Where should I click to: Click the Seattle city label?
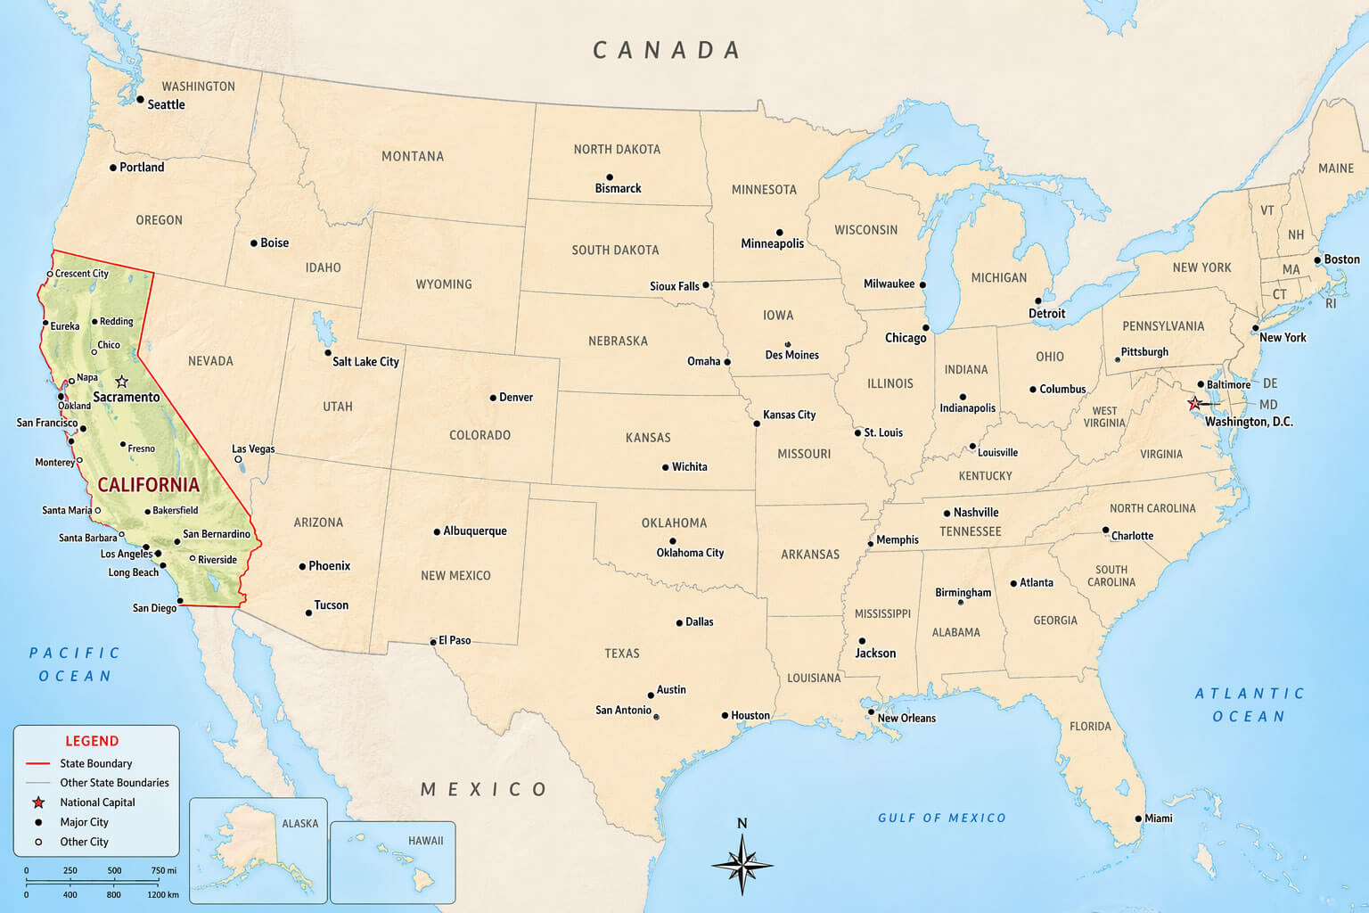tap(166, 104)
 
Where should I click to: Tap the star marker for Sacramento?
tap(122, 382)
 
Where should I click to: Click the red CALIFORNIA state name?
tap(148, 485)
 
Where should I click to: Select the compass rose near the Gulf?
tap(742, 862)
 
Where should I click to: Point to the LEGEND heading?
tap(92, 741)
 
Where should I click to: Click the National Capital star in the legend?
tap(38, 802)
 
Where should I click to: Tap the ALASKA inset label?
tap(299, 823)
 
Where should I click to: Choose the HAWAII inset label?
tap(425, 841)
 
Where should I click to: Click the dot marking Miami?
tap(1138, 818)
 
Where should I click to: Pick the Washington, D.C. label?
tap(1248, 422)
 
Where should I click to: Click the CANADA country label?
tap(667, 51)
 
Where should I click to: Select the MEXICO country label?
tap(484, 789)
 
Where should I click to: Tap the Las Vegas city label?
tap(253, 448)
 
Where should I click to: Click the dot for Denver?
tap(493, 398)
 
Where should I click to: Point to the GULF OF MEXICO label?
tap(941, 818)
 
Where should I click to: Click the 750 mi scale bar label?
tap(163, 870)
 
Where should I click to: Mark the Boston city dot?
tap(1317, 260)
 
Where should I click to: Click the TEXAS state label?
tap(622, 654)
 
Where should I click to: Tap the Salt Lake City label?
tap(365, 361)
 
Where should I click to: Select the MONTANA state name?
tap(413, 156)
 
